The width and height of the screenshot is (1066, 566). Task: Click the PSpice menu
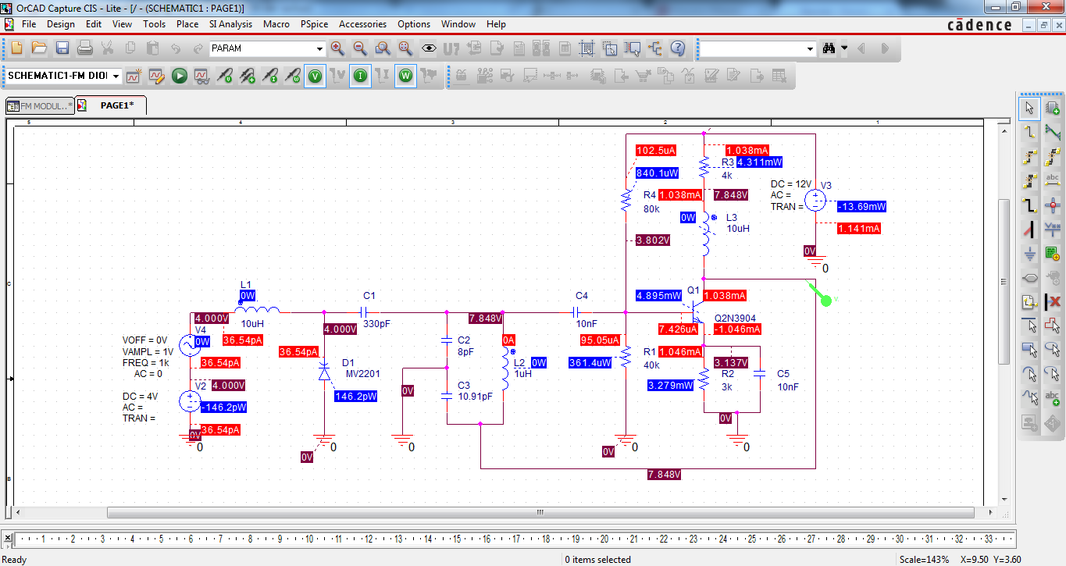[x=314, y=24]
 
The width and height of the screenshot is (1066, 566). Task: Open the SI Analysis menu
[x=230, y=24]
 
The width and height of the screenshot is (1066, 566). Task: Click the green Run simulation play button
[x=180, y=76]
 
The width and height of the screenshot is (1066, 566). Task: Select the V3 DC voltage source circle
[x=815, y=200]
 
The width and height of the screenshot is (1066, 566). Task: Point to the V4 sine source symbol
[x=190, y=345]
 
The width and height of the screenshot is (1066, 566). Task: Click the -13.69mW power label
[x=861, y=206]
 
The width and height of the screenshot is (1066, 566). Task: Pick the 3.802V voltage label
[x=653, y=240]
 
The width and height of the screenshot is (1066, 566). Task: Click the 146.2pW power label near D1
[x=355, y=397]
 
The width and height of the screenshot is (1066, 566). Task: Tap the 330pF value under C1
[x=376, y=324]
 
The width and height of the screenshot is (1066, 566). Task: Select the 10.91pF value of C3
[x=475, y=397]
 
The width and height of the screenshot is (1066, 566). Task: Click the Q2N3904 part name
[x=735, y=319]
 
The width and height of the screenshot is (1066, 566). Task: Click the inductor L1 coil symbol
[x=258, y=310]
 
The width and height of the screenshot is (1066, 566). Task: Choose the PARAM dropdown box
[x=267, y=48]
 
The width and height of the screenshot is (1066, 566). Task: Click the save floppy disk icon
[x=62, y=48]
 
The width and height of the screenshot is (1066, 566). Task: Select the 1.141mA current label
[x=858, y=229]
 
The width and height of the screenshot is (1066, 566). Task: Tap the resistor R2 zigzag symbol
[x=704, y=379]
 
